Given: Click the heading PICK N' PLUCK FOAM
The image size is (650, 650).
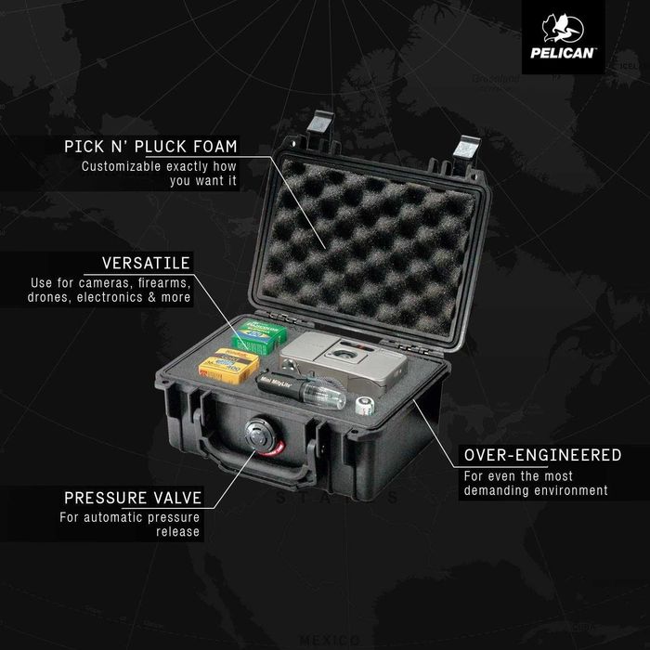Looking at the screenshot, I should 150,147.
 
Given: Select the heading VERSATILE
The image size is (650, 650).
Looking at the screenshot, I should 146,264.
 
